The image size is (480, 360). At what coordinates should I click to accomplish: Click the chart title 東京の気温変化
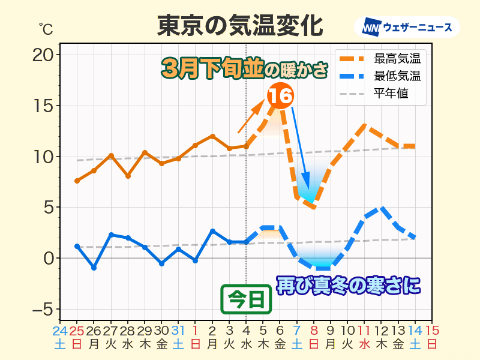click(240, 25)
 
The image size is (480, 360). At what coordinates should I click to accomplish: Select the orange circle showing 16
click(280, 95)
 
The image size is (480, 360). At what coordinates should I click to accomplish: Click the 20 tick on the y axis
click(43, 55)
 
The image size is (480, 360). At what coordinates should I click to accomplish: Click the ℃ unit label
click(46, 29)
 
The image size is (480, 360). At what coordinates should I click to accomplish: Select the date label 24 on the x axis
click(60, 331)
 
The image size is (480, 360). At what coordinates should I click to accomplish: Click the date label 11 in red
click(364, 331)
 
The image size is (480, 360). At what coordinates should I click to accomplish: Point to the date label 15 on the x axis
click(432, 331)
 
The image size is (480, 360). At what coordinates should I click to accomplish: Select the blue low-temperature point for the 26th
click(94, 268)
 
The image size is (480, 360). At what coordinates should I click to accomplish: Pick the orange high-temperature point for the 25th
click(77, 181)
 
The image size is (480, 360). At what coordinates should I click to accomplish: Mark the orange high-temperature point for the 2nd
click(212, 136)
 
